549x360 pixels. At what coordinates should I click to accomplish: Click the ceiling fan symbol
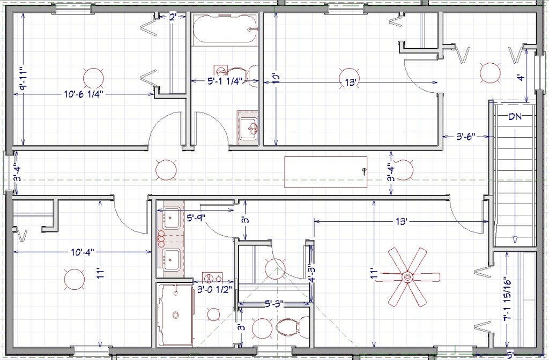(x=407, y=277)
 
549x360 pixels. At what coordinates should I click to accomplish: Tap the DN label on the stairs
(x=515, y=117)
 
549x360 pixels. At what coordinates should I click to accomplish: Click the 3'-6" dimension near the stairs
(x=466, y=136)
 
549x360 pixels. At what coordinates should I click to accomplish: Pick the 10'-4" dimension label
(x=83, y=252)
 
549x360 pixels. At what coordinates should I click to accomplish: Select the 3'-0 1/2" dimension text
(x=214, y=289)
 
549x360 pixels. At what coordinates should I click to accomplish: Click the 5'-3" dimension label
(x=274, y=303)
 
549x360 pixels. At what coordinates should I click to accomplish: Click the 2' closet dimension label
(x=173, y=17)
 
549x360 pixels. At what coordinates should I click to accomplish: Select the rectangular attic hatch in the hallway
(x=325, y=172)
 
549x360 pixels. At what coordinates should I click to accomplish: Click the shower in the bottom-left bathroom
(x=175, y=314)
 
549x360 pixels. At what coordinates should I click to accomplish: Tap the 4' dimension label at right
(x=522, y=77)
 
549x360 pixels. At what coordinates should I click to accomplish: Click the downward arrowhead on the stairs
(x=515, y=239)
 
